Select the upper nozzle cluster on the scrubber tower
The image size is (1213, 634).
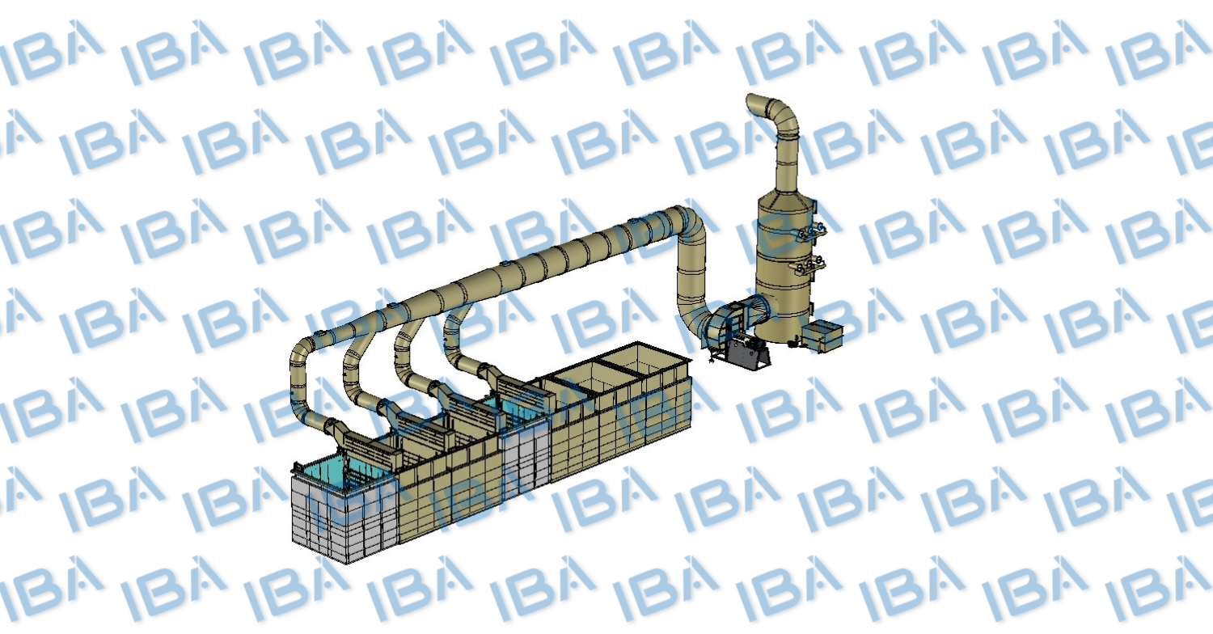pos(809,231)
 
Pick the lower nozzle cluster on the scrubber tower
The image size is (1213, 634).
pos(809,265)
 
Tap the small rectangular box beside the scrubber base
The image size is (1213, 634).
pos(822,336)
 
